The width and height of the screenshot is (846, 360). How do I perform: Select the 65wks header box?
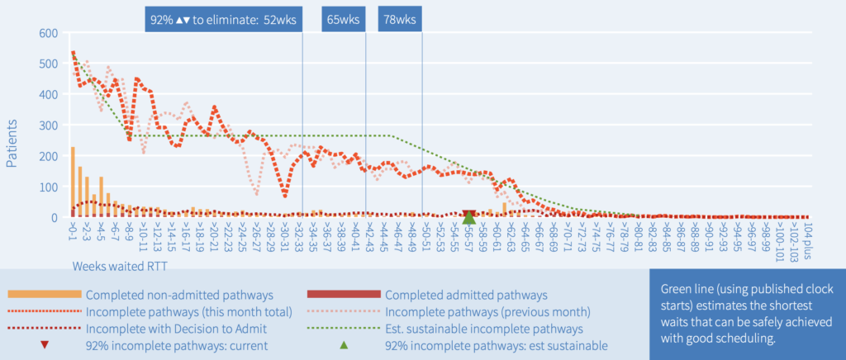344,19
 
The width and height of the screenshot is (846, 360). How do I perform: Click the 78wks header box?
400,19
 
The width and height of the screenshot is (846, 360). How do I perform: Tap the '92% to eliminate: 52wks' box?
224,19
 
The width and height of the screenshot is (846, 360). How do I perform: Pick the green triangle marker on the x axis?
468,217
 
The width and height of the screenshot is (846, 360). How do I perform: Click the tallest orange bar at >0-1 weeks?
73,182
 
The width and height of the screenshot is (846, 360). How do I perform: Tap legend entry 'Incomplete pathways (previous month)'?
487,311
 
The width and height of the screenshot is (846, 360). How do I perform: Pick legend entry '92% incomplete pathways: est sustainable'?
497,345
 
